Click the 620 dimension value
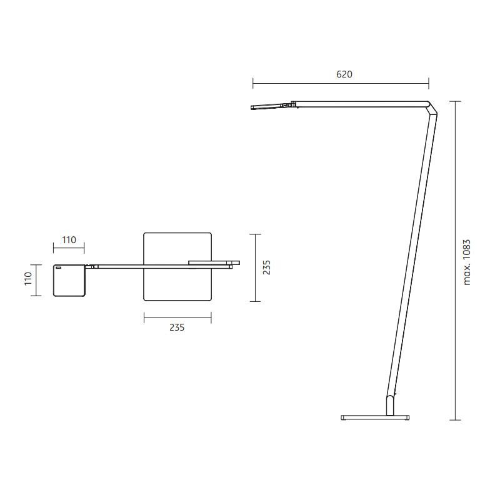point(344,74)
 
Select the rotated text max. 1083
point(466,262)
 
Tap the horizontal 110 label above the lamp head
point(69,240)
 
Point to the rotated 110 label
point(28,278)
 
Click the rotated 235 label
point(267,267)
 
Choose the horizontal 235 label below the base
point(177,327)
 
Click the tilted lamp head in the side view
point(266,106)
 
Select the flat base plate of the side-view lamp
point(375,417)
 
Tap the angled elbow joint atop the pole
point(432,107)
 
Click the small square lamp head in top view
point(69,281)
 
